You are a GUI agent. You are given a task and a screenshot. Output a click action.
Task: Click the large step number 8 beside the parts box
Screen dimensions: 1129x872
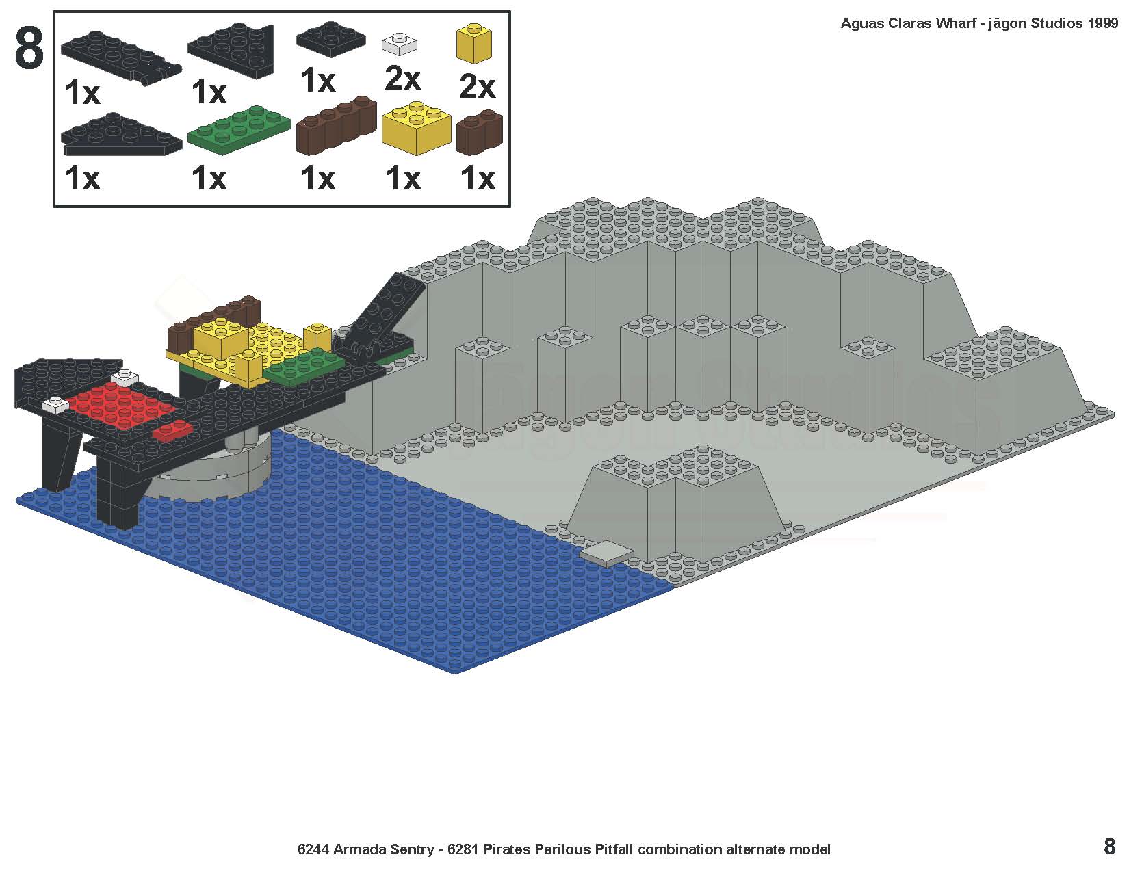click(x=29, y=49)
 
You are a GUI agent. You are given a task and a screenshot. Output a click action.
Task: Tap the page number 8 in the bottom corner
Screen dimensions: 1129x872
click(x=1109, y=847)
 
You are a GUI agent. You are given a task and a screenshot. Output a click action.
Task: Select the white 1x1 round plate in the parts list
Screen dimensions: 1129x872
click(x=399, y=44)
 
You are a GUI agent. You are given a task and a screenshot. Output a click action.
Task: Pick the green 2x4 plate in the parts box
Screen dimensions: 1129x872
click(x=239, y=130)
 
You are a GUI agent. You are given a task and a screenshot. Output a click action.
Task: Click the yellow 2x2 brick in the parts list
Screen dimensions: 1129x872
click(x=416, y=128)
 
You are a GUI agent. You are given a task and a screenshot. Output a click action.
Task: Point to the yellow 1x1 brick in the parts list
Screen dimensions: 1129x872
click(x=473, y=43)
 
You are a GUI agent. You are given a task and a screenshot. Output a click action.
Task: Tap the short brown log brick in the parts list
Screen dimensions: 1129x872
click(x=480, y=133)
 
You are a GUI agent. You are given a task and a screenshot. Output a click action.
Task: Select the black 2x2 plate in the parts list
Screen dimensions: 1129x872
click(x=331, y=40)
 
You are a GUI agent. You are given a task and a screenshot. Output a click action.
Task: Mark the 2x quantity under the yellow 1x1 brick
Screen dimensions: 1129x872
click(x=478, y=86)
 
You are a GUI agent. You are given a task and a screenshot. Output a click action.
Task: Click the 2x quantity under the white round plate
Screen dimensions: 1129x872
click(x=402, y=79)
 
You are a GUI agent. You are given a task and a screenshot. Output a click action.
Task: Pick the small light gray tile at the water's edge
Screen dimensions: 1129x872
click(x=606, y=553)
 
